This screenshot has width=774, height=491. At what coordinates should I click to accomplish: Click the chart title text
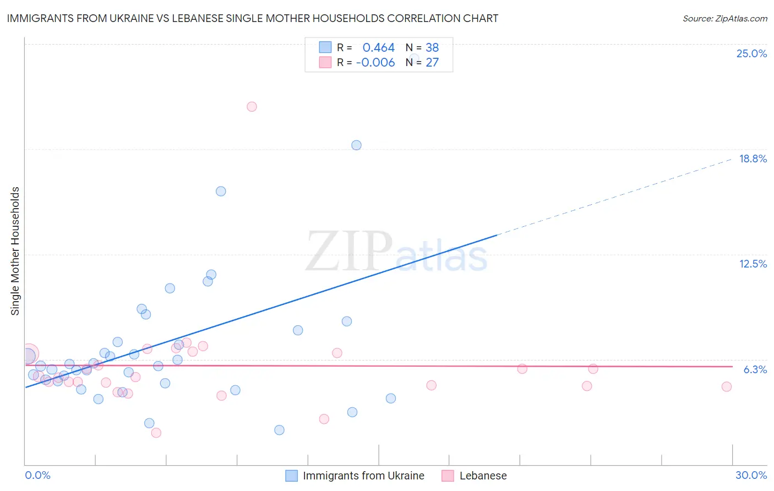(x=253, y=18)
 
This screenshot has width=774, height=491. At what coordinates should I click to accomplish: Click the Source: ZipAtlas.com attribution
(x=724, y=18)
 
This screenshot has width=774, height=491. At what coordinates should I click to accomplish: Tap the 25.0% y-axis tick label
(x=751, y=53)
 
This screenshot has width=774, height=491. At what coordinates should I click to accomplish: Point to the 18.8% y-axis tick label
(x=753, y=159)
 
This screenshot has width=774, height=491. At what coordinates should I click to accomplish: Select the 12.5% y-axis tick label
(x=753, y=264)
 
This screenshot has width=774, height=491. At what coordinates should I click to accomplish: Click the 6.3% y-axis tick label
(x=755, y=369)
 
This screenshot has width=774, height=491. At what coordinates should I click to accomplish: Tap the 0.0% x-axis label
(x=37, y=475)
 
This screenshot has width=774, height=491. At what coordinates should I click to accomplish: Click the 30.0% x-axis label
(x=751, y=475)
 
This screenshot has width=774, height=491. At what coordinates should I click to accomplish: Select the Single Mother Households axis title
(x=15, y=251)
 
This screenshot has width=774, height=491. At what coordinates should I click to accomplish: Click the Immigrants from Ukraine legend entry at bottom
(x=363, y=476)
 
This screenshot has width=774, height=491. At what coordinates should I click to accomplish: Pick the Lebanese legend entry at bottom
(x=483, y=476)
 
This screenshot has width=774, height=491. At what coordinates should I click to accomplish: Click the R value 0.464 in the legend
(x=378, y=47)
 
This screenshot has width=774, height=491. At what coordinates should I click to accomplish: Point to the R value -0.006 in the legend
(x=375, y=62)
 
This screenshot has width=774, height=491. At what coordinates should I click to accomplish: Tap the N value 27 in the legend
(x=432, y=62)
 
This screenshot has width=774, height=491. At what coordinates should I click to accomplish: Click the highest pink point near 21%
(x=252, y=107)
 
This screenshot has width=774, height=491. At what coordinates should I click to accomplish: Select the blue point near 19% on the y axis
(x=356, y=145)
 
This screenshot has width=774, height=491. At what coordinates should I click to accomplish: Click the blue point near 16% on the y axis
(x=221, y=192)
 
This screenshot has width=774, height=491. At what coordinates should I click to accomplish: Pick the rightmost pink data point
(x=726, y=387)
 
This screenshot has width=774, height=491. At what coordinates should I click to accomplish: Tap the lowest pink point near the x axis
(x=156, y=433)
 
